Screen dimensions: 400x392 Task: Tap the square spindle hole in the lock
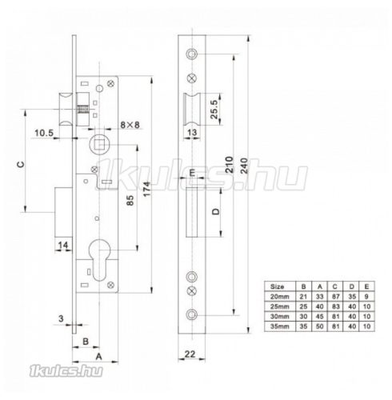coord(102,145)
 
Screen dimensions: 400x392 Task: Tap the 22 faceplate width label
coord(190,353)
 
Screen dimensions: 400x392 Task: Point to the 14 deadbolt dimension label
coord(64,244)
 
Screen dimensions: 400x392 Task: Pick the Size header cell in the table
coord(277,285)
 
